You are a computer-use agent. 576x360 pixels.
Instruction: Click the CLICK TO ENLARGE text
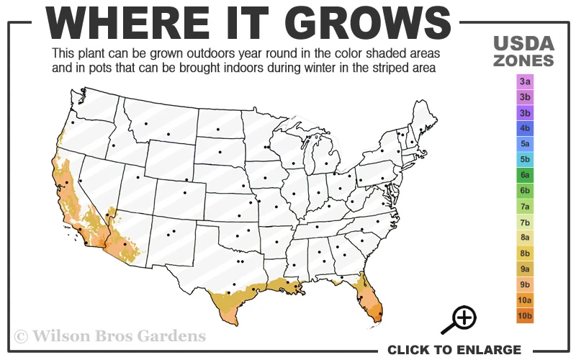point(454,350)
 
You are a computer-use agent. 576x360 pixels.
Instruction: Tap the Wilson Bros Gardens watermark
point(110,336)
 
